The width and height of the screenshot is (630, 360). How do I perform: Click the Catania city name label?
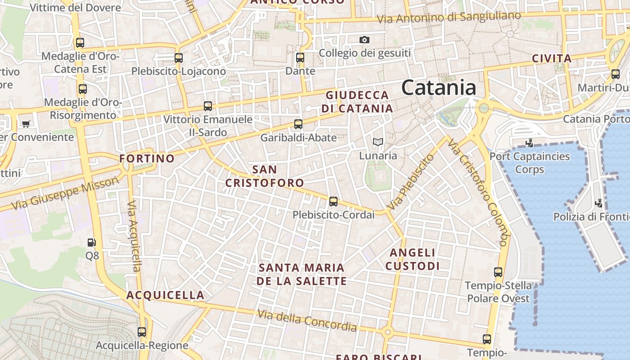(x=438, y=87)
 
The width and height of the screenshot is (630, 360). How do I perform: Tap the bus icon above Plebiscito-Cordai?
(x=333, y=202)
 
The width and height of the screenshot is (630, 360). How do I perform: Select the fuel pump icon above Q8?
(x=92, y=243)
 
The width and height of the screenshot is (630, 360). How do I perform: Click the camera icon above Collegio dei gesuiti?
(x=364, y=40)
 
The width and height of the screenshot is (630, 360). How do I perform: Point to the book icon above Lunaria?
(x=378, y=142)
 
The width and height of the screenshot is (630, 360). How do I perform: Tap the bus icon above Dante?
(x=300, y=58)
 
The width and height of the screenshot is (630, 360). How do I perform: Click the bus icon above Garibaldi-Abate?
(x=298, y=124)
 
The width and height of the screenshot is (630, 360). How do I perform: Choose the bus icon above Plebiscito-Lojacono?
(x=179, y=58)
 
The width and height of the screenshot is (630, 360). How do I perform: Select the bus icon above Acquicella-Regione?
(x=142, y=332)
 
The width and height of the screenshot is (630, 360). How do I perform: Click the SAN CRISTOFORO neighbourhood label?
(x=265, y=176)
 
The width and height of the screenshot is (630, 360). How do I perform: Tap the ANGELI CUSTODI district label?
(x=412, y=260)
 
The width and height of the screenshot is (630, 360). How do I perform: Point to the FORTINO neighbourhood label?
(x=147, y=158)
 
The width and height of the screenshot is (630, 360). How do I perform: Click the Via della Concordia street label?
(x=307, y=320)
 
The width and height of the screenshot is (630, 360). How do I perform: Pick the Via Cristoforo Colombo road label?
(x=478, y=192)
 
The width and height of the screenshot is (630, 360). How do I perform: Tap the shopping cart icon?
(x=26, y=123)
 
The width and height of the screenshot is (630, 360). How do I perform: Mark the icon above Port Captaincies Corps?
(x=530, y=143)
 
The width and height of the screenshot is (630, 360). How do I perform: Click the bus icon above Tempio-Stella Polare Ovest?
(x=498, y=272)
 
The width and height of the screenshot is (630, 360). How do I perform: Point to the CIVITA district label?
(x=551, y=58)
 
